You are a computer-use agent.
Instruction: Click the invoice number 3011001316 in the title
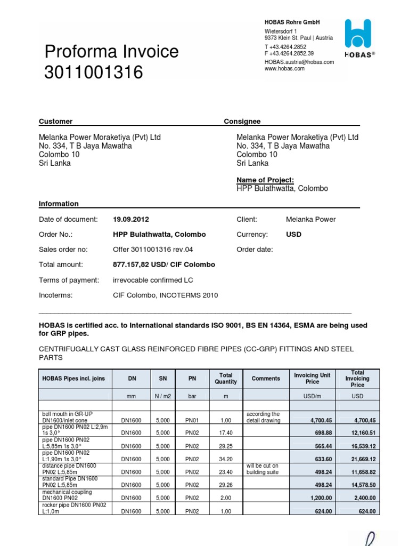(94, 72)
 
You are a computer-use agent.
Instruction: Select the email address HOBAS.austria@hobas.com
(299, 62)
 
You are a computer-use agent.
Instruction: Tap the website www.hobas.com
(284, 69)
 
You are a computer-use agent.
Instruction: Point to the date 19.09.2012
(131, 219)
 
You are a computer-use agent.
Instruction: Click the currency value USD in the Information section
(294, 234)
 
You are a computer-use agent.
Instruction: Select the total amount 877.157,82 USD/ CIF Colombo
(164, 264)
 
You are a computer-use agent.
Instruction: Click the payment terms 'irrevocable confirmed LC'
(153, 280)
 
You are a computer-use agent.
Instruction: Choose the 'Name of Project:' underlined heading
(265, 180)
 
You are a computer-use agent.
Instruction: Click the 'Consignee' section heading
(242, 122)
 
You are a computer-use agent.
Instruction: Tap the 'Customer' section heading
(55, 122)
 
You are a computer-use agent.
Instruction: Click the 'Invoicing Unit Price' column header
(312, 379)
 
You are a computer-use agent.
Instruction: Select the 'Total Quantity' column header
(225, 379)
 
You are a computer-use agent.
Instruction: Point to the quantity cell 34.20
(225, 459)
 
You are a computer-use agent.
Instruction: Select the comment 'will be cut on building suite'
(261, 469)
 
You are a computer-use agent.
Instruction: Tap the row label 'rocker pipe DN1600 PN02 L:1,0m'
(74, 507)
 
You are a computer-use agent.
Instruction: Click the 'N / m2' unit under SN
(162, 397)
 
